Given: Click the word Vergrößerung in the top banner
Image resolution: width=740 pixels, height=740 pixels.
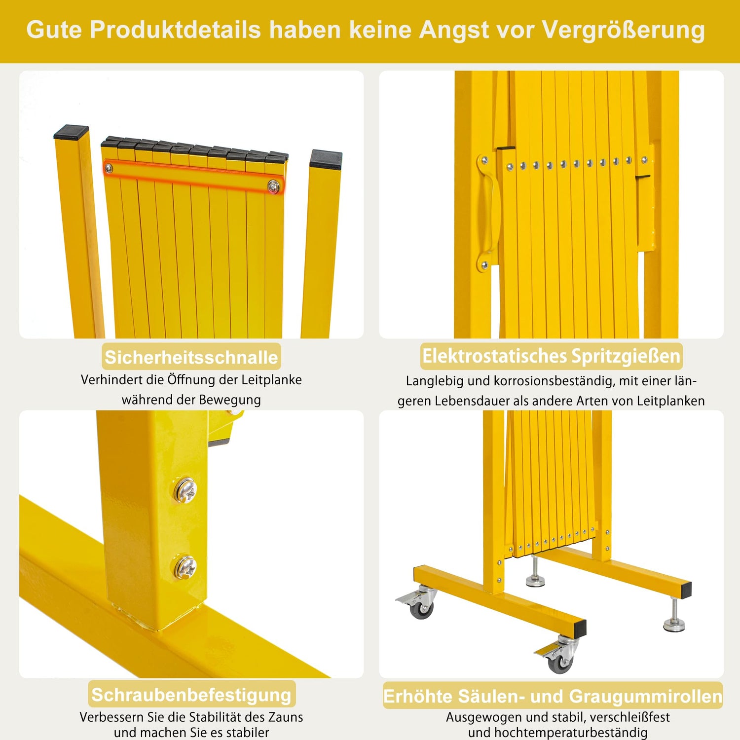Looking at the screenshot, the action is (624, 31).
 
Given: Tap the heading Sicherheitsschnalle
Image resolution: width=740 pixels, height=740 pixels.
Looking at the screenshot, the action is (191, 357).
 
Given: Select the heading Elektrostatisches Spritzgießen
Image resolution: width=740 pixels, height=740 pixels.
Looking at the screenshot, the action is (551, 356).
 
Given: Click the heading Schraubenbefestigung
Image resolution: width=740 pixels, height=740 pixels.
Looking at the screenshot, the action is (191, 695).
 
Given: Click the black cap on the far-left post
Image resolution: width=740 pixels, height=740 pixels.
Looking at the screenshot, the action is (72, 132).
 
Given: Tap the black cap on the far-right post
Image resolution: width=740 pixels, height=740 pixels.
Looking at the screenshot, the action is (326, 159).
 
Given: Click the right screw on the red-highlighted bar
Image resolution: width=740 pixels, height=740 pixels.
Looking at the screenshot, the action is (273, 186).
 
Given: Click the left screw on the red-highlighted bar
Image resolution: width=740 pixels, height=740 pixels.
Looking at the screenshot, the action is (109, 169).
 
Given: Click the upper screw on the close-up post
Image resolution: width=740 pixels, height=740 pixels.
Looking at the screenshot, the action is (185, 490).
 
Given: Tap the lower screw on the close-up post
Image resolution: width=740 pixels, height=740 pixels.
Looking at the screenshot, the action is (185, 567).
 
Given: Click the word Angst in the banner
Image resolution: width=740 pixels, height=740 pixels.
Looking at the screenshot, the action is (453, 31).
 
